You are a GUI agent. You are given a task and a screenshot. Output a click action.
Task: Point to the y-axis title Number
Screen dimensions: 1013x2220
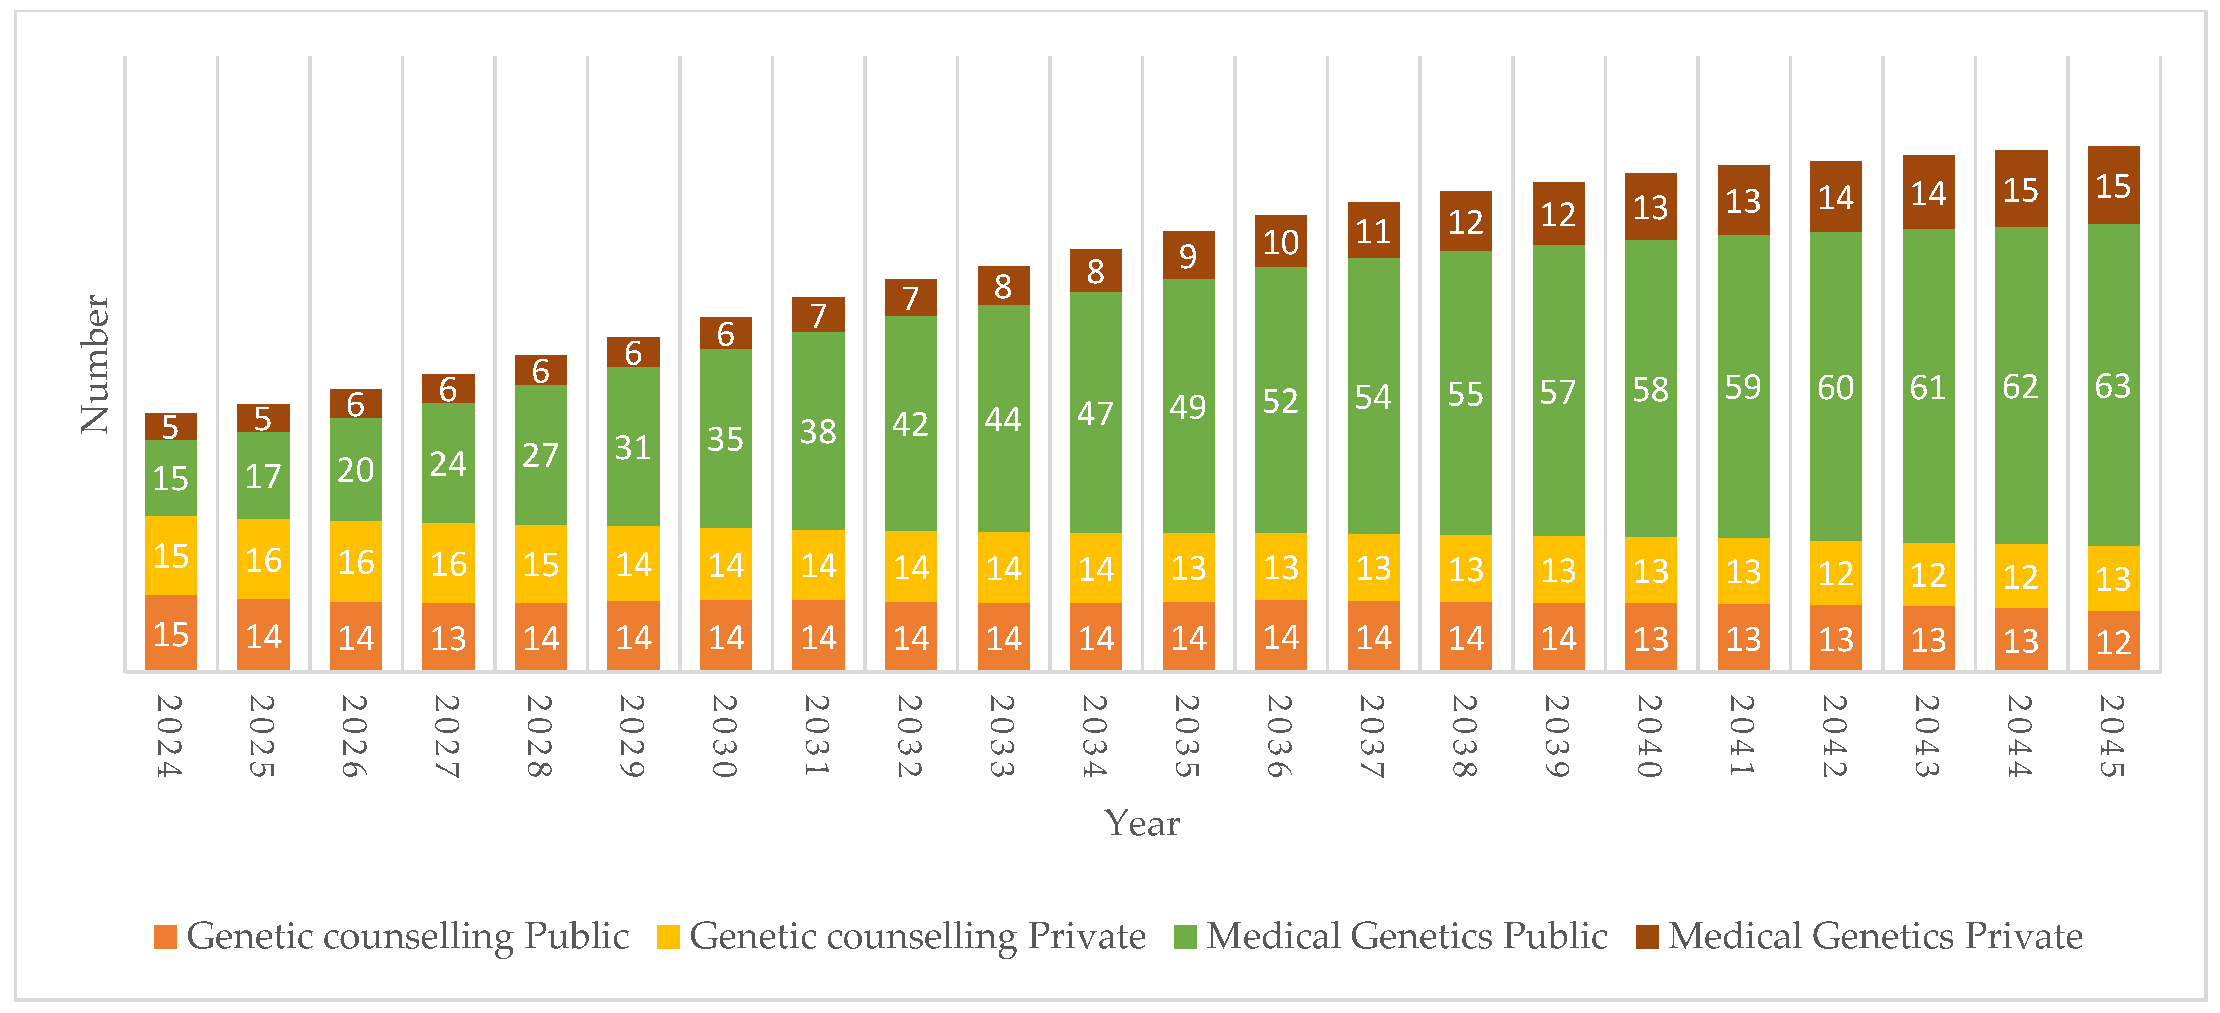click(x=95, y=364)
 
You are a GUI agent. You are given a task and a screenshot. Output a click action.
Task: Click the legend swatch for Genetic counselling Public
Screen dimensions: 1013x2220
click(x=164, y=937)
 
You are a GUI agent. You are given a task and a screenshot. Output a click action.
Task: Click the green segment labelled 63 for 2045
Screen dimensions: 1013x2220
click(x=2113, y=385)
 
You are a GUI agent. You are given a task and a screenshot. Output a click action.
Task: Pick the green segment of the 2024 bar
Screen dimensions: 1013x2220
click(x=170, y=479)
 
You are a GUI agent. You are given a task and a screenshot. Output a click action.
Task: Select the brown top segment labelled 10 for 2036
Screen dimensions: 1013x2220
click(x=1281, y=242)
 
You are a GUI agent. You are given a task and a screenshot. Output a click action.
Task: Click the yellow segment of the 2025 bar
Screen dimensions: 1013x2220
click(x=263, y=560)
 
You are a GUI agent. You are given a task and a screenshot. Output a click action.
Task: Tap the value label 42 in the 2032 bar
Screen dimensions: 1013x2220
click(x=910, y=424)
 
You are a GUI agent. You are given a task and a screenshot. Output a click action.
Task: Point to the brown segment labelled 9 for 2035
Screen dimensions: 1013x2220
click(x=1188, y=255)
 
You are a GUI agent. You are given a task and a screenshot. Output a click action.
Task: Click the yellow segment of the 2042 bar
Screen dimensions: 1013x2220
click(x=1836, y=573)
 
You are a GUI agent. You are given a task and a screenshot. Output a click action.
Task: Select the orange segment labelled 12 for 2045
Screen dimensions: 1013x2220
click(x=2113, y=642)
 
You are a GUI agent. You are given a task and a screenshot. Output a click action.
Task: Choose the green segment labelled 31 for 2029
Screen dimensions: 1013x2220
click(x=633, y=447)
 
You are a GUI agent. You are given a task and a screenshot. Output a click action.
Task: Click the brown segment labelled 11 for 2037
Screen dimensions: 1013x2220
click(x=1373, y=231)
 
